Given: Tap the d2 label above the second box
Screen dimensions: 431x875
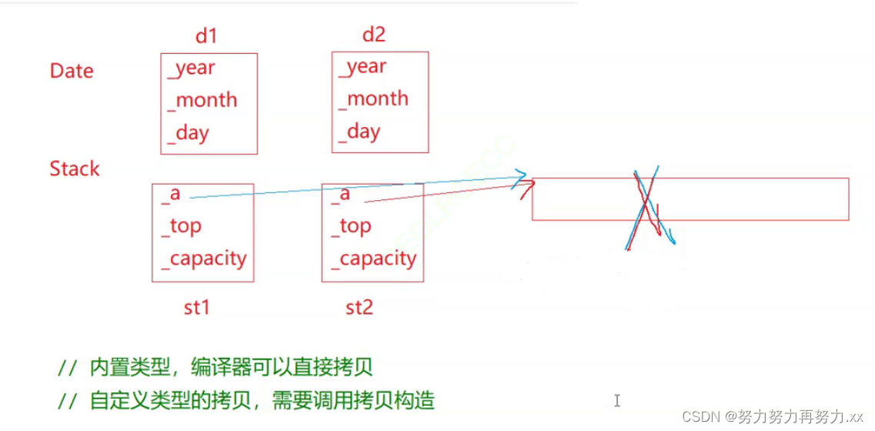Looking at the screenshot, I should (x=373, y=35).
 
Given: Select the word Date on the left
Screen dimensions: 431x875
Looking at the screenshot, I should (x=72, y=71).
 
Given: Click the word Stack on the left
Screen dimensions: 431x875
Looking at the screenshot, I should (x=75, y=169).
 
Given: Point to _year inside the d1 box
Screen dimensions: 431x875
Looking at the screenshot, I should (x=191, y=68).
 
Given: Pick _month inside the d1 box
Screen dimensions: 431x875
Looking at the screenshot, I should (x=202, y=100).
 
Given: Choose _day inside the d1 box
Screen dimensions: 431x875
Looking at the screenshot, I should (x=188, y=133).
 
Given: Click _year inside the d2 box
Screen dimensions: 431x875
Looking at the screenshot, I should (x=362, y=67).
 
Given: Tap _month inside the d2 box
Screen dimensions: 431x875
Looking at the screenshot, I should (x=374, y=99).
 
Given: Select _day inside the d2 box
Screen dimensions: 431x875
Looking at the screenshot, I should (x=359, y=132).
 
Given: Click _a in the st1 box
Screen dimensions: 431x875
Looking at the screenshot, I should (x=171, y=193).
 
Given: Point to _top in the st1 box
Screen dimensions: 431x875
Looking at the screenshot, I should (x=182, y=226).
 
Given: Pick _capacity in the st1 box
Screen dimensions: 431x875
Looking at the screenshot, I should (x=204, y=259).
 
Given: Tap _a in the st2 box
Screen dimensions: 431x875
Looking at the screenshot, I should (x=341, y=193).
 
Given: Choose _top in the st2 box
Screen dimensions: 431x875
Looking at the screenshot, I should (x=352, y=226).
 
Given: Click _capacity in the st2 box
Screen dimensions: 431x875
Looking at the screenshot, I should (x=374, y=259).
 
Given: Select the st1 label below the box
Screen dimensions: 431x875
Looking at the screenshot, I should (x=196, y=308).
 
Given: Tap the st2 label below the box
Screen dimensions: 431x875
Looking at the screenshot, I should (x=359, y=308).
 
